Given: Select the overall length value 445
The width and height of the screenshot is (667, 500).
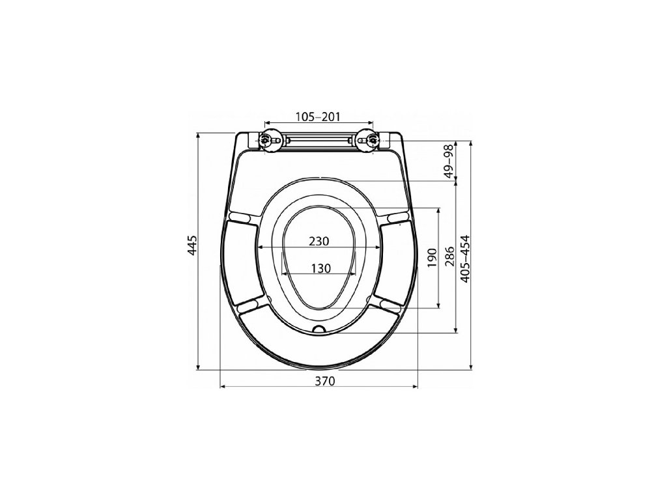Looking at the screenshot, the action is [x=193, y=245].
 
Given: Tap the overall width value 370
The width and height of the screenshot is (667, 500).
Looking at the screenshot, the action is [x=325, y=381].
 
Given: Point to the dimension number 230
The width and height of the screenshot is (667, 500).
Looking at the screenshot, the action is [x=319, y=241].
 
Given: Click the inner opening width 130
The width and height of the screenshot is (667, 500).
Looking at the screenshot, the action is [x=320, y=268].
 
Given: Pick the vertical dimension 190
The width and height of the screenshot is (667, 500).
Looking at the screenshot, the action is [x=433, y=258].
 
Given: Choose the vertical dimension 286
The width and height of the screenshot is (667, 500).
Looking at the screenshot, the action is [x=450, y=257].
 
